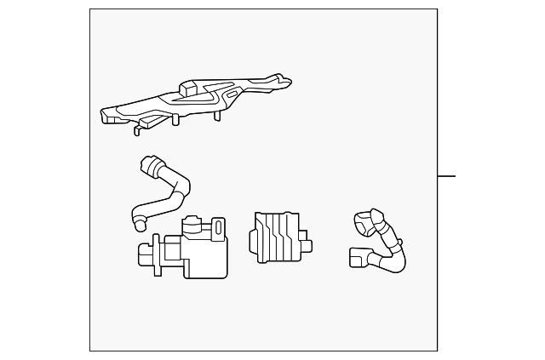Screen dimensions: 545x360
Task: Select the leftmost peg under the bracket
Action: click(x=136, y=129)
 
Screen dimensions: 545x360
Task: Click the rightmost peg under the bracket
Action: click(x=220, y=113)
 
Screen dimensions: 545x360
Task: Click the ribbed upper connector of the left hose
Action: click(x=151, y=167)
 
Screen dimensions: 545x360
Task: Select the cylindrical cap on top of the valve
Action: click(x=194, y=225)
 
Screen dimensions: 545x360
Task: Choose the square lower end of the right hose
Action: click(x=356, y=256)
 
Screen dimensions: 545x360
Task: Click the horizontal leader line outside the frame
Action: click(x=446, y=176)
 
